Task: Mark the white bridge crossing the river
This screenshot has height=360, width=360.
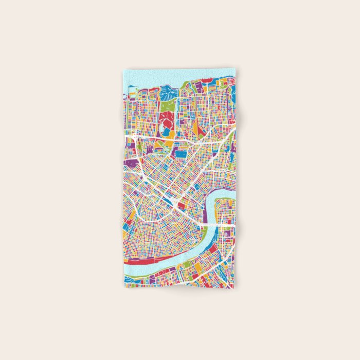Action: (x=219, y=225)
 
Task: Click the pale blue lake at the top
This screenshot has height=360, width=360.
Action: (x=154, y=77)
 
